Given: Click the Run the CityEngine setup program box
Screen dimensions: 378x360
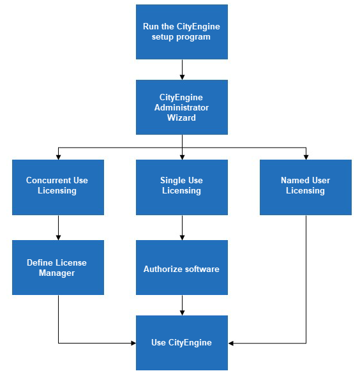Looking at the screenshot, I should point(181,32).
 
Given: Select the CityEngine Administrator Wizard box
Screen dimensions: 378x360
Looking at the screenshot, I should point(181,107).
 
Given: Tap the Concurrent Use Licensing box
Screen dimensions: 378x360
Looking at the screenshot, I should point(57,187).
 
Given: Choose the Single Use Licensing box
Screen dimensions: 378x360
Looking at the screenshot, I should point(181,187).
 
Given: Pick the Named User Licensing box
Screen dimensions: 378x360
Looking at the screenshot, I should point(305,187).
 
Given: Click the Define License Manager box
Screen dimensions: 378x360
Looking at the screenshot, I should point(57,268).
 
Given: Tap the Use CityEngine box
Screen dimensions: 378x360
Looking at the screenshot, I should point(181,343).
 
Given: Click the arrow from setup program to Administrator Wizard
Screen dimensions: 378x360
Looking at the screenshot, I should point(182,70).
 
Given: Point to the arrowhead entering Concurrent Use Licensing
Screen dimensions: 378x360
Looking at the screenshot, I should point(58,157).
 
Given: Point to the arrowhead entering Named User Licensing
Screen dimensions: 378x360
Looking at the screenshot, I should point(306,157).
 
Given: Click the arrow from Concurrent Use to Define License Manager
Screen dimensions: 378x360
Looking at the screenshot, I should point(58,227).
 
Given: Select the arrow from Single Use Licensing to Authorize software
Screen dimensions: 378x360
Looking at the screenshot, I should point(182,227).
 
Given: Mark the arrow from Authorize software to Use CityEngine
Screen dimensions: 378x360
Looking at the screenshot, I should point(182,305).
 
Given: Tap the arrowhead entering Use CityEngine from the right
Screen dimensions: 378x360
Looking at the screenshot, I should point(231,344).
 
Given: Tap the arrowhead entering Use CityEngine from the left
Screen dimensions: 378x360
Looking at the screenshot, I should point(133,344).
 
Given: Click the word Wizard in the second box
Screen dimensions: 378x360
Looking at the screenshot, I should point(181,117).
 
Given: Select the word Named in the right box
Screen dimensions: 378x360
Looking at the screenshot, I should point(295,181).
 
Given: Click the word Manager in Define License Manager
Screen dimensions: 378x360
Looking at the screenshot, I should point(57,273).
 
